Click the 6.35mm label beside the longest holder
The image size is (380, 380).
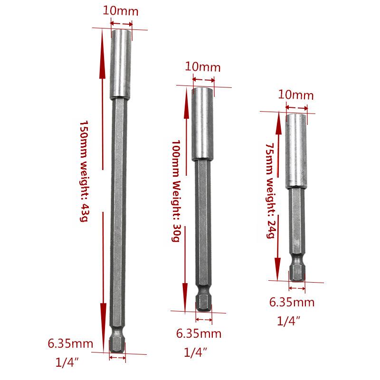point(70,343)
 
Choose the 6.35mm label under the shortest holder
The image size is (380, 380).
point(292,303)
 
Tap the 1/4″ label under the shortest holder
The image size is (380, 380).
point(289,322)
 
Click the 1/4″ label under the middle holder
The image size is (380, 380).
point(196,352)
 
